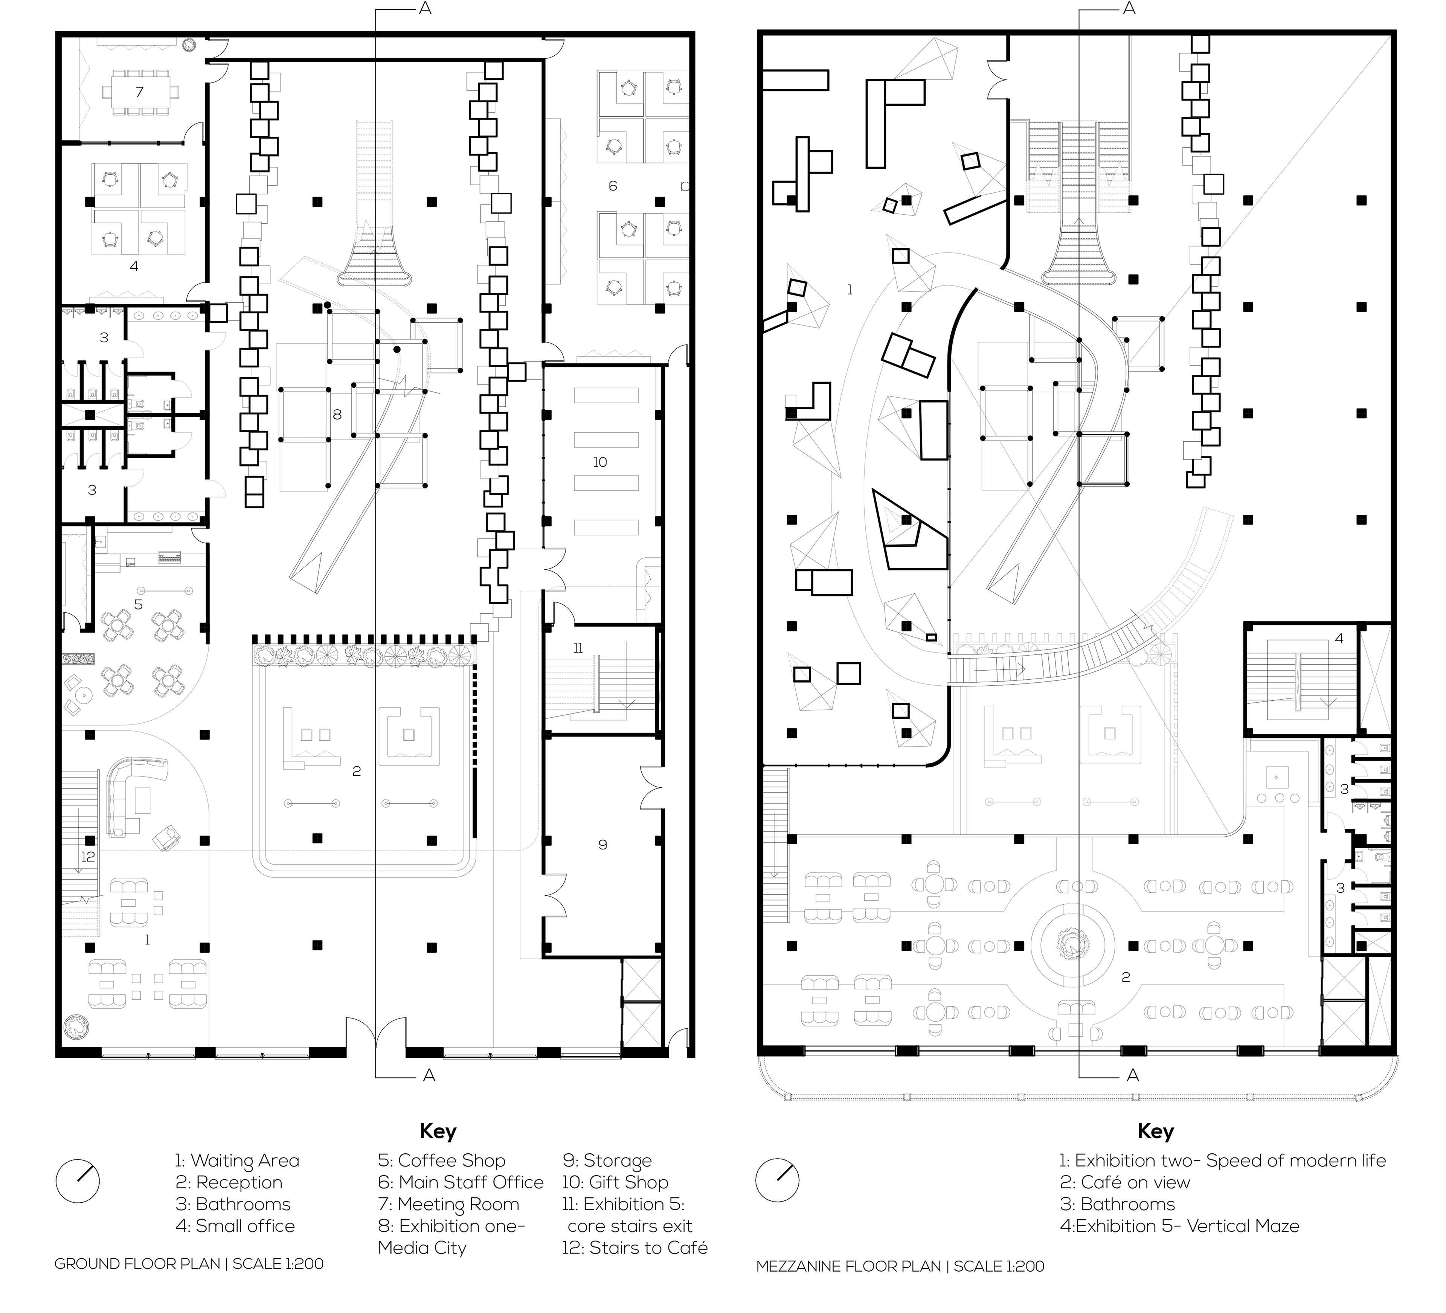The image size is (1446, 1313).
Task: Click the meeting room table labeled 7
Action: (139, 92)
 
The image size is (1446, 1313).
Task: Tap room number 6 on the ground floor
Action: (613, 186)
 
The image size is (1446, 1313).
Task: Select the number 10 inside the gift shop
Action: (599, 462)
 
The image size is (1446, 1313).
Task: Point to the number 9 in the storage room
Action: (602, 845)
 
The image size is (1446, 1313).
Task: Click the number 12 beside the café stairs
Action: (87, 856)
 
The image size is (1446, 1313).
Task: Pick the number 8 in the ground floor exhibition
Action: (337, 415)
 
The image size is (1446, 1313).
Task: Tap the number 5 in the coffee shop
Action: (139, 604)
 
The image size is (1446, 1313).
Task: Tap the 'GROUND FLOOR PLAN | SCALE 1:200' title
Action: (189, 1264)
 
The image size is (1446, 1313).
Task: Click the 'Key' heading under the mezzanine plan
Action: (1155, 1132)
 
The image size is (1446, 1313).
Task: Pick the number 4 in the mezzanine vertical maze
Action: (1338, 638)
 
